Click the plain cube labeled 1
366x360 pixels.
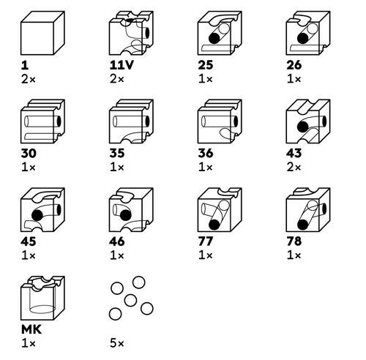(x=42, y=33)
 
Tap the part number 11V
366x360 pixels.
(x=122, y=65)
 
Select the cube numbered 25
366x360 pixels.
(x=220, y=33)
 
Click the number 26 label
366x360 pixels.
(x=294, y=65)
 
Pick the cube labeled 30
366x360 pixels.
(x=42, y=121)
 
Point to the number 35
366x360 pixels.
(x=117, y=154)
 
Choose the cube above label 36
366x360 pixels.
(x=220, y=121)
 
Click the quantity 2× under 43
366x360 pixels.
(x=294, y=168)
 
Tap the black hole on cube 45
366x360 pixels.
(x=37, y=215)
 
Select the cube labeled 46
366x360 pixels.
(x=131, y=209)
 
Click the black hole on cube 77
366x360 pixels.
(x=214, y=225)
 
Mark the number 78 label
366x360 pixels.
(x=294, y=241)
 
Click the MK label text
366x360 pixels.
(x=31, y=330)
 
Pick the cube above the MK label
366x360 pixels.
(x=42, y=298)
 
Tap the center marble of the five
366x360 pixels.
(x=130, y=300)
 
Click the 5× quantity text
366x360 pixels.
(x=117, y=343)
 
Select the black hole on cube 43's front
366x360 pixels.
(x=303, y=127)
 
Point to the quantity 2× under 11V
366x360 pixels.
(x=117, y=79)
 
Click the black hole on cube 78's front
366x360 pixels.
(x=303, y=225)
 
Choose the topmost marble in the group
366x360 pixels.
(x=138, y=282)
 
